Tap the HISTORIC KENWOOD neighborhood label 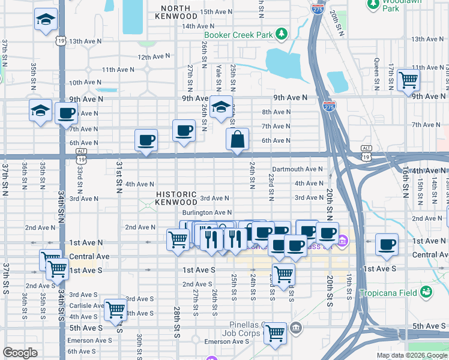[x=176, y=198]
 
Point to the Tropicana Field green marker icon [x=426, y=292]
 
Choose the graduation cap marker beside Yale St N [x=221, y=107]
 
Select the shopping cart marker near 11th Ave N [x=408, y=78]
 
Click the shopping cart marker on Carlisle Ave [x=115, y=309]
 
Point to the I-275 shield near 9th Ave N [x=332, y=106]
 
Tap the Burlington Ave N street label [x=207, y=212]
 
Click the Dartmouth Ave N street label [x=297, y=169]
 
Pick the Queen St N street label [x=377, y=71]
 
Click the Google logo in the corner [x=20, y=353]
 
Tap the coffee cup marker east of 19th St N [x=387, y=244]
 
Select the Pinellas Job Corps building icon [x=295, y=328]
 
